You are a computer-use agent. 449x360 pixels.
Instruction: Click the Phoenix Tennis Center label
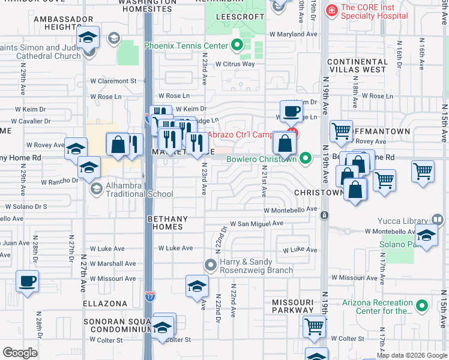click(186, 46)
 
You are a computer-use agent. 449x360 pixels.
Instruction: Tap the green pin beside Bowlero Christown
click(306, 159)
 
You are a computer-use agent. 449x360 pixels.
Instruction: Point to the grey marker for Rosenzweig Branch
click(210, 264)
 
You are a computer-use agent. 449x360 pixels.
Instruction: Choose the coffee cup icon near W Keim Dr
click(292, 111)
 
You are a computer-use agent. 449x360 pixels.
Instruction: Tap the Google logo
click(20, 353)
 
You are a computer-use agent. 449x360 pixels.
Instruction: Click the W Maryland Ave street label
click(294, 34)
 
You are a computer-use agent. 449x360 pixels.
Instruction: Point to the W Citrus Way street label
click(235, 64)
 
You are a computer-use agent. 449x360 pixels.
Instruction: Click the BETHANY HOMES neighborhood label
click(168, 223)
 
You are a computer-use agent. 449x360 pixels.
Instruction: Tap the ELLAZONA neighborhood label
click(106, 304)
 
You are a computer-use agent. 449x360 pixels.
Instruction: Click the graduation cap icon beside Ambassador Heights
click(88, 40)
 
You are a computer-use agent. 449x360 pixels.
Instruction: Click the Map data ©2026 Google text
click(411, 355)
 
